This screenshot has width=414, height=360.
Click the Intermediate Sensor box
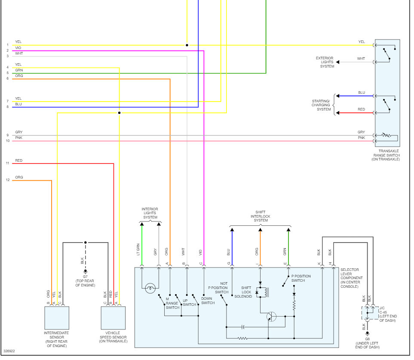56,318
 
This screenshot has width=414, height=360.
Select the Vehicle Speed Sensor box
113,318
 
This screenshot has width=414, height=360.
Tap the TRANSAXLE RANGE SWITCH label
386,155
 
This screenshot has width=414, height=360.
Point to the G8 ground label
367,343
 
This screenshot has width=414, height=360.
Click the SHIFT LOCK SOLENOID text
246,292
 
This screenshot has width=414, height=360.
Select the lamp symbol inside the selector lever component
150,288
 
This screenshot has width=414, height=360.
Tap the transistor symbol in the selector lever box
271,317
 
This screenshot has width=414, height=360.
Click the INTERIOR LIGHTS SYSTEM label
150,213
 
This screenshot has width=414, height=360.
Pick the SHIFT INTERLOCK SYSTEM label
261,216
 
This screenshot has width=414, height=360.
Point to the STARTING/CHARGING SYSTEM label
321,105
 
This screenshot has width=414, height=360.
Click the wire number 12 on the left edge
7,180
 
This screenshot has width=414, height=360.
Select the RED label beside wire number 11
18,160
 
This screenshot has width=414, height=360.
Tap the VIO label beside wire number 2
18,48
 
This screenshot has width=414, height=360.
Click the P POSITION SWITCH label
301,278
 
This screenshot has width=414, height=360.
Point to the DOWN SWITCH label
208,301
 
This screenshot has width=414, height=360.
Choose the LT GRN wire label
138,249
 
